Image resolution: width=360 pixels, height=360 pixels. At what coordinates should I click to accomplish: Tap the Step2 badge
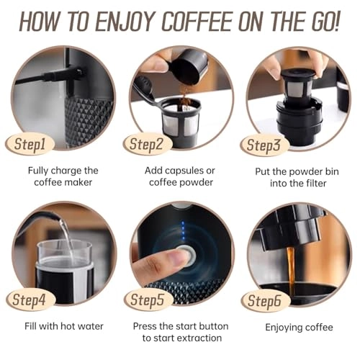148,143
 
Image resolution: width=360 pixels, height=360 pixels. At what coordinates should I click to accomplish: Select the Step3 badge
266,144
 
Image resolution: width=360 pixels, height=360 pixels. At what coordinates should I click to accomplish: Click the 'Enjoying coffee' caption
298,326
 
